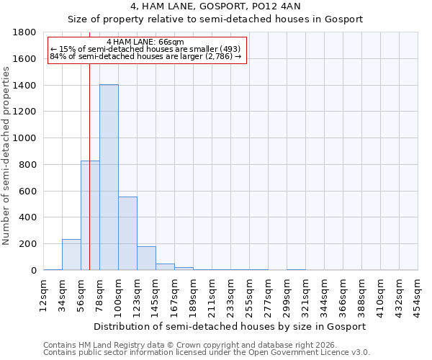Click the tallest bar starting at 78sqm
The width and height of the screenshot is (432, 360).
109,177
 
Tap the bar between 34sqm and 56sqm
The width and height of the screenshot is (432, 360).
71,255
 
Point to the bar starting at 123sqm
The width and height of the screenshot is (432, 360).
146,258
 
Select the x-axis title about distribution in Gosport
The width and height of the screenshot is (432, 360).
230,326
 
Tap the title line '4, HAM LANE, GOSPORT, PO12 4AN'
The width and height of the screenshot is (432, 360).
215,6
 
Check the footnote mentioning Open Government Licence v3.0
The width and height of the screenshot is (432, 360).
207,352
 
